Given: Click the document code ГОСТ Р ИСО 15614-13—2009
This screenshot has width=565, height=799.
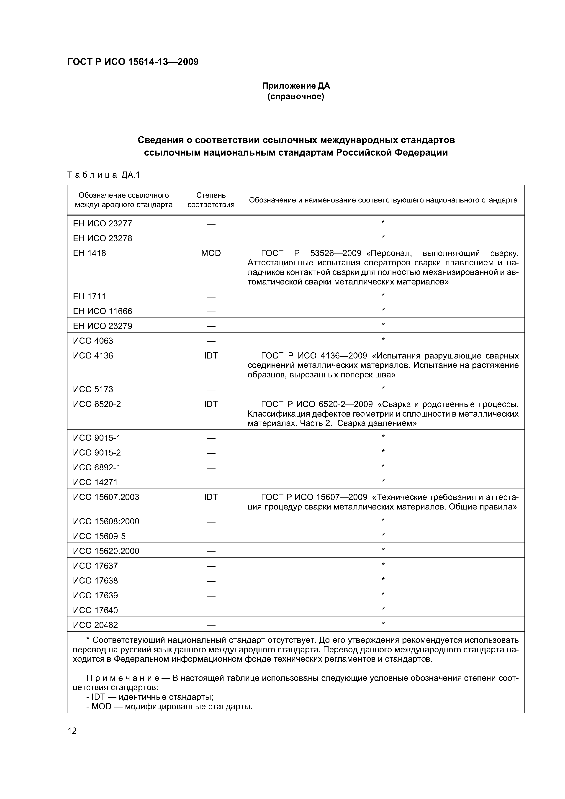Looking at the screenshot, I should tap(133, 62).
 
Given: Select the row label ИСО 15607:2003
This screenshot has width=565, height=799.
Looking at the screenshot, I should tap(106, 497).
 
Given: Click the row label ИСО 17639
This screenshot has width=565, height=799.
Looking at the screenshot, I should tap(95, 595).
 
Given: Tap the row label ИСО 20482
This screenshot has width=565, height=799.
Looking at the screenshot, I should tap(95, 625).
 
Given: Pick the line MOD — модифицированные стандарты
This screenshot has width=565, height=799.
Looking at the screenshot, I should tap(169, 707).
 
